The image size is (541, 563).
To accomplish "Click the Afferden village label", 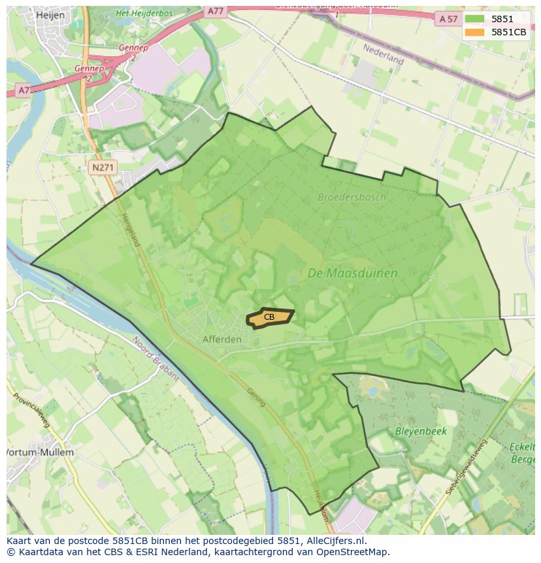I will (x=221, y=339).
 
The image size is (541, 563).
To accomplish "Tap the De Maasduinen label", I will (x=352, y=274).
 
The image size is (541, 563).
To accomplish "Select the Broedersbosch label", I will (x=352, y=197).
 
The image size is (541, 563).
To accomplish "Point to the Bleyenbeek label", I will (x=420, y=432).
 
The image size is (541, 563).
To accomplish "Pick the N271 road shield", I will (x=103, y=168).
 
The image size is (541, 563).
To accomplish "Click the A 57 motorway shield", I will (x=448, y=19).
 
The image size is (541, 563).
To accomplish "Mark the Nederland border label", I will (x=384, y=54).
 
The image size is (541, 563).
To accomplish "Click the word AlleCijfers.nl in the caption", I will (x=336, y=541).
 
